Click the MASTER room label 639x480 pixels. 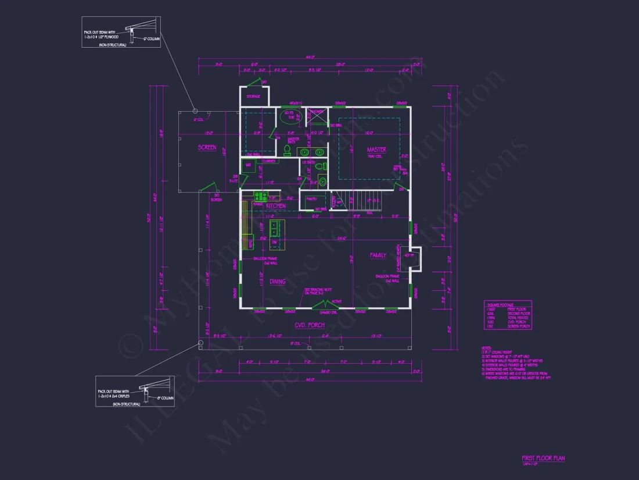376,150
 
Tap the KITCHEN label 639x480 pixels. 276,206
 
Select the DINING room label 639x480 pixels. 277,282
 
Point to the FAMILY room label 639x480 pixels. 378,255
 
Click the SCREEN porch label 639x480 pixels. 207,148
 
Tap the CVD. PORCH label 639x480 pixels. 309,325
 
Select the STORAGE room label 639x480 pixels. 253,97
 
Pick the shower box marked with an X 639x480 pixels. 317,116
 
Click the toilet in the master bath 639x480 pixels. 286,150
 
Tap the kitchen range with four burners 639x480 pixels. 259,196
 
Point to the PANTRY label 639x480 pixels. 311,199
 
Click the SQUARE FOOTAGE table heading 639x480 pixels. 499,303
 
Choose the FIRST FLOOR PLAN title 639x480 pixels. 543,458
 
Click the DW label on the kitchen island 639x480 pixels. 274,241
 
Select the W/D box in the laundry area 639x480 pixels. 248,165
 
